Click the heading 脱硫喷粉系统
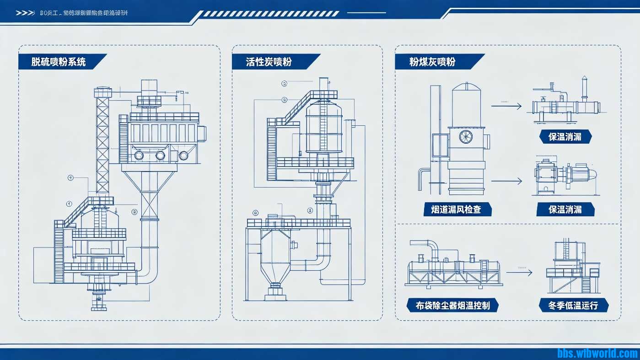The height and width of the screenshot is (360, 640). pos(59,62)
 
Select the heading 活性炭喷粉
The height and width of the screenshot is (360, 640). pos(269,62)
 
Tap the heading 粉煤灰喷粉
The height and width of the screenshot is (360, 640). pos(432,62)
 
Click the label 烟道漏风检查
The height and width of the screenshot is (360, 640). pos(458,210)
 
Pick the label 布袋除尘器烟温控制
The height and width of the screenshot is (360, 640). pos(452,305)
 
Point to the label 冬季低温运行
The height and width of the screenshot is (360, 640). pos(573,305)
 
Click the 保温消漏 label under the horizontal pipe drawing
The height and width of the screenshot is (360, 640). pos(565,136)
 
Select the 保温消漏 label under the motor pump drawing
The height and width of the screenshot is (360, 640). pos(565,210)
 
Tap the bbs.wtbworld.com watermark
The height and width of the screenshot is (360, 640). pos(597,353)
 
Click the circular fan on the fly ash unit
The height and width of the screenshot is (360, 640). pos(466,137)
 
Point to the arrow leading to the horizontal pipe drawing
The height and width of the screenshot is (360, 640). pos(506,106)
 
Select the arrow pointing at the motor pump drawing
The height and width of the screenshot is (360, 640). pos(506,181)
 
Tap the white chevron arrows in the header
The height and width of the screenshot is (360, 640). pos(25,13)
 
